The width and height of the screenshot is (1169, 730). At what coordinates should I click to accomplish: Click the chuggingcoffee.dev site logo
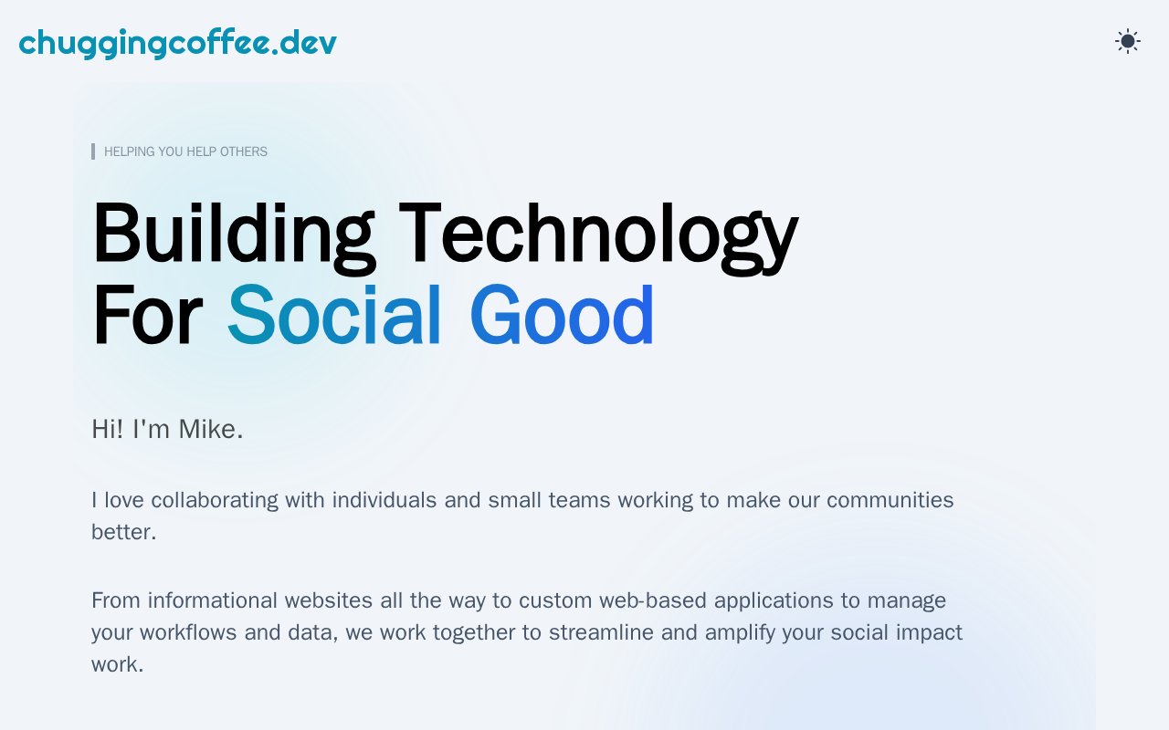pos(177,43)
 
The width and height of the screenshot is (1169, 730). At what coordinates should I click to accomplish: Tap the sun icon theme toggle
pos(1128,41)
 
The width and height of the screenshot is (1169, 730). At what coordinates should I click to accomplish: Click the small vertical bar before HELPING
pos(93,151)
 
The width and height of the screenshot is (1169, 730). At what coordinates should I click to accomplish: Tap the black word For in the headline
pos(148,316)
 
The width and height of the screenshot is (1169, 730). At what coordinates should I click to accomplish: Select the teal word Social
pos(334,316)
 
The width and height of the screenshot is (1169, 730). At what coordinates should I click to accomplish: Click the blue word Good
pos(562,316)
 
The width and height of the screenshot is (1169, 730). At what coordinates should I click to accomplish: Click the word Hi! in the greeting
pos(108,429)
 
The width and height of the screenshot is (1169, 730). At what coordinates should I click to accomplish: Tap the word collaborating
pos(215,501)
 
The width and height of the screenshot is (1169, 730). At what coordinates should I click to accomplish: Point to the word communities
pos(890,500)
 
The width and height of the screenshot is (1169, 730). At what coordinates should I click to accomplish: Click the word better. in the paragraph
pos(123,532)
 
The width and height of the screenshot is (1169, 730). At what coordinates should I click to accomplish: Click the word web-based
pos(652,600)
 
